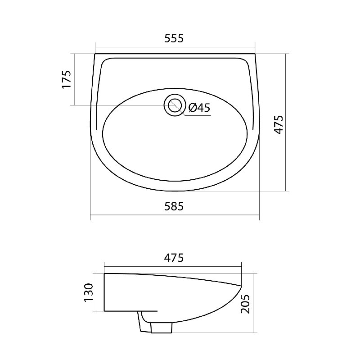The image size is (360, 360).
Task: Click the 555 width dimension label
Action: [174, 38]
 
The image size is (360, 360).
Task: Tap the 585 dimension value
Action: [174, 206]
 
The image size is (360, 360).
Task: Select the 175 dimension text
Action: [67, 79]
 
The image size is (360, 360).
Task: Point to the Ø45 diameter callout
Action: [199, 107]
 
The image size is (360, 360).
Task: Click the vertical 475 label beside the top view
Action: [279, 125]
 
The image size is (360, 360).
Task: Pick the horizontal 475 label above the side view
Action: [174, 258]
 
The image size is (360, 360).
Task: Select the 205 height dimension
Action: [245, 304]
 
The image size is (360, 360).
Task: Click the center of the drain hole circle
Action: [175, 105]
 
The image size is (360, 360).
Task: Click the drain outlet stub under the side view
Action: [162, 328]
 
